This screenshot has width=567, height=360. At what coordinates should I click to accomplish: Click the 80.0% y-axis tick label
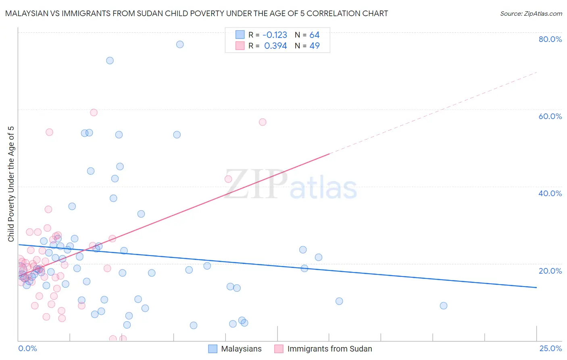(x=550, y=39)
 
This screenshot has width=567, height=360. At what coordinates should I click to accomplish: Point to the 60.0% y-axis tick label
(x=550, y=116)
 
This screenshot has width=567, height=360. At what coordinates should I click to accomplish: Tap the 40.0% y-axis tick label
(x=550, y=193)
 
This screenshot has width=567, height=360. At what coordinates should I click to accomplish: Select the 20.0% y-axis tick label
(x=550, y=271)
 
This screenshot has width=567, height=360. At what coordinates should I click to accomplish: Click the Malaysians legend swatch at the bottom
(x=213, y=349)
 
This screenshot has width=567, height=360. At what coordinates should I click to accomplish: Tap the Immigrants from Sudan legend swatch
(x=279, y=349)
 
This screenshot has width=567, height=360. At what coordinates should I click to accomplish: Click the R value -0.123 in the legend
(x=275, y=35)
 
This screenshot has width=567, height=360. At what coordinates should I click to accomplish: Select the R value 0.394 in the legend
(x=275, y=46)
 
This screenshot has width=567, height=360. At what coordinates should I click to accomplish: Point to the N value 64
(x=315, y=35)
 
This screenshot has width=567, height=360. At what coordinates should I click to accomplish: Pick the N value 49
(x=315, y=46)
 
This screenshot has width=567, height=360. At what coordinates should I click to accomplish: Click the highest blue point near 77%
(x=180, y=44)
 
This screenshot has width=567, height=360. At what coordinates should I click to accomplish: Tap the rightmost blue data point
(x=444, y=306)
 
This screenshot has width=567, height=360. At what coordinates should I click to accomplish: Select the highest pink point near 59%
(x=94, y=113)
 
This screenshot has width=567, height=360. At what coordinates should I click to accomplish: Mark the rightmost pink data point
(x=263, y=122)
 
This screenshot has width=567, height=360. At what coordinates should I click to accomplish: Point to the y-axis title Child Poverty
(x=11, y=210)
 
